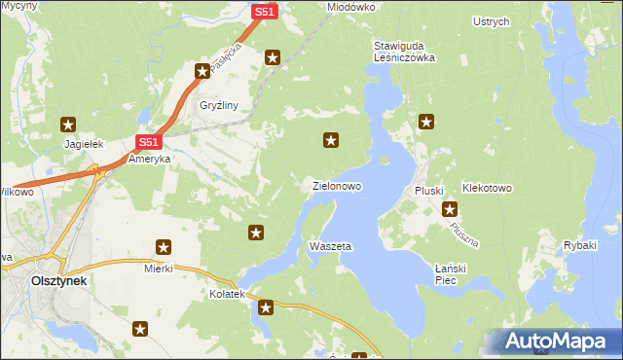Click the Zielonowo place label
[x=337, y=185]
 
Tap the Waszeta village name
[x=329, y=246]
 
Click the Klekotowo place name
[x=488, y=188]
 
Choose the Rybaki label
[x=579, y=245]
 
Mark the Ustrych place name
[x=491, y=21]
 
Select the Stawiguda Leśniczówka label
[x=404, y=52]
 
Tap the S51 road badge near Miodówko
[x=265, y=12]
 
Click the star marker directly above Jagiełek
[x=68, y=124]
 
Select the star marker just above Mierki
[x=164, y=248]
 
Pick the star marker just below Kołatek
[x=266, y=308]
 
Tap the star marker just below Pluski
[x=450, y=209]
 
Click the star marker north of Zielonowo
[x=331, y=141]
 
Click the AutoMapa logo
[x=551, y=341]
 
